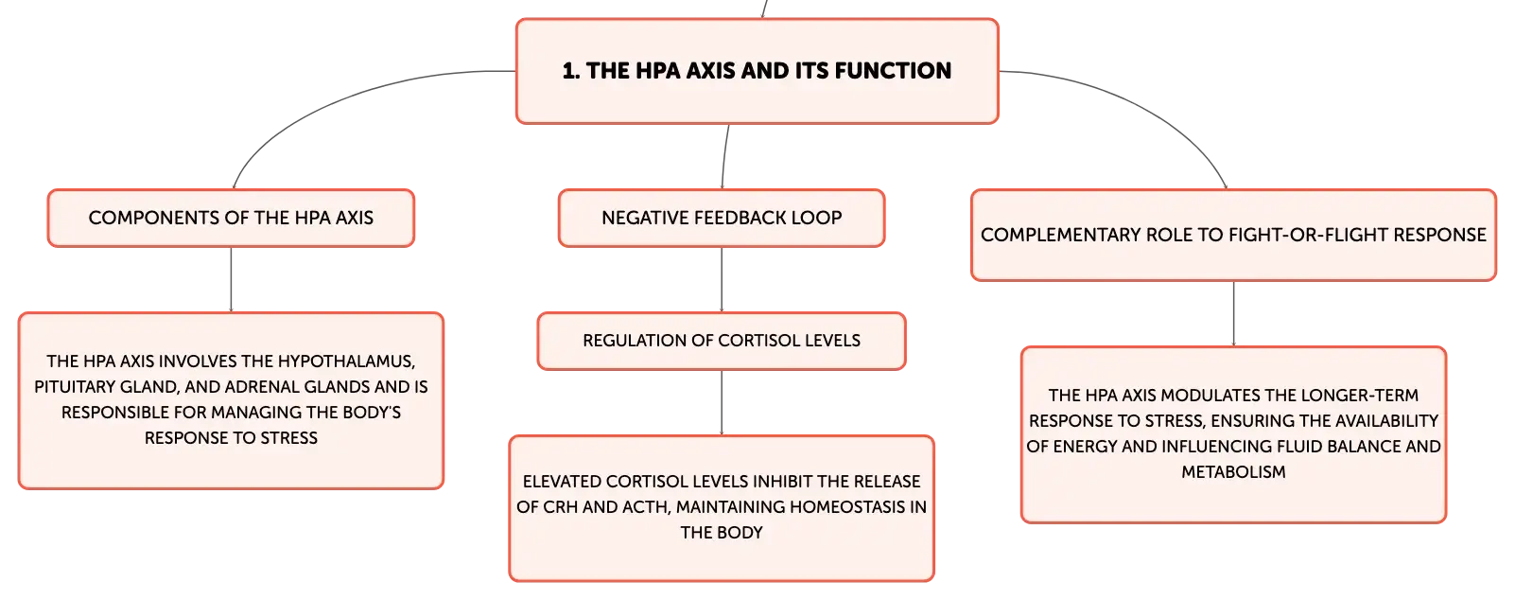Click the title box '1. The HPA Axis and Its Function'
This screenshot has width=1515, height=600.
757,71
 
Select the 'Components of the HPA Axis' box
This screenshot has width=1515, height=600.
231,218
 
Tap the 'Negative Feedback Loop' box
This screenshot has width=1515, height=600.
722,218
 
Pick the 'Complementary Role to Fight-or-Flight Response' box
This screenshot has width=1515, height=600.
1233,235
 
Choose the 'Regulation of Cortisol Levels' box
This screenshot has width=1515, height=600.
722,341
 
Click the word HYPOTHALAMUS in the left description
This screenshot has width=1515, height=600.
345,362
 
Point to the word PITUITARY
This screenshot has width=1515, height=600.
75,387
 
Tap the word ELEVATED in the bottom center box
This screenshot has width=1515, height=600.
562,482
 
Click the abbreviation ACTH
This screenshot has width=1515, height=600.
645,507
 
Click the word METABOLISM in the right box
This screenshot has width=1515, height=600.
1233,472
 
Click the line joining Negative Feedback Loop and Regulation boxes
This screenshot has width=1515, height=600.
722,280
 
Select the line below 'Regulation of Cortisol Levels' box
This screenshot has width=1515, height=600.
722,403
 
